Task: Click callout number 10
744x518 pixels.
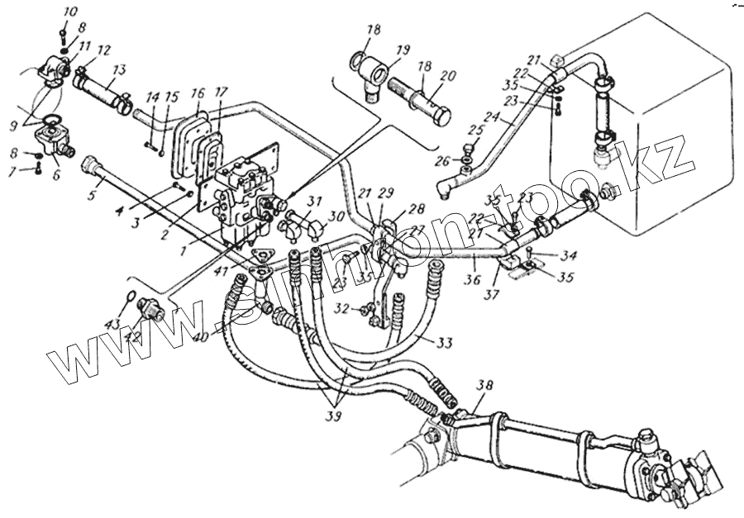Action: [x=69, y=12]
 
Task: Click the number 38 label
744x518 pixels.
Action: [x=487, y=384]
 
